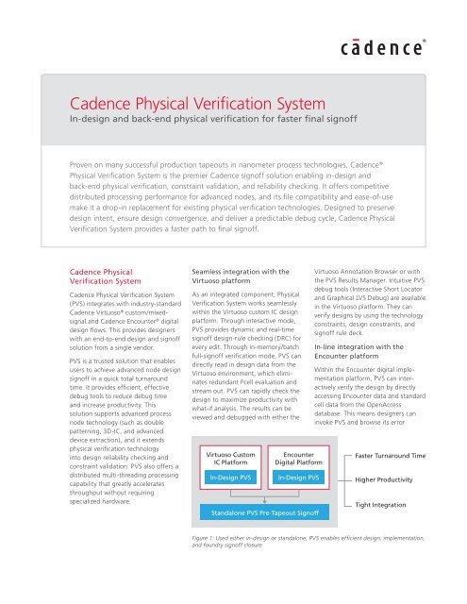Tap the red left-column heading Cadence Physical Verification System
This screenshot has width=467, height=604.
click(x=96, y=274)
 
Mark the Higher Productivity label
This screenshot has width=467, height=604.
click(x=392, y=480)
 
